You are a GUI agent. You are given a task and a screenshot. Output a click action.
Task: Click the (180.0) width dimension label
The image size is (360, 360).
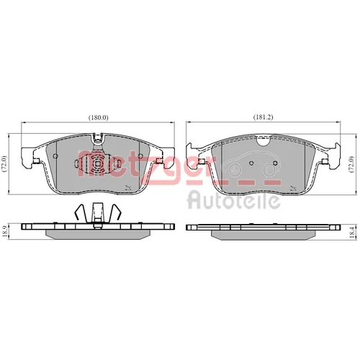click(99, 117)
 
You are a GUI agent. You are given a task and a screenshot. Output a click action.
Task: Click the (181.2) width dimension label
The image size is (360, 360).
click(264, 117)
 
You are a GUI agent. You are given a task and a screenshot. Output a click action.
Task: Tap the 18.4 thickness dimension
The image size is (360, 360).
click(352, 233)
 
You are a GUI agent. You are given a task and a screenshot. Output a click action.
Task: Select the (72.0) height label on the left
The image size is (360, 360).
click(5, 164)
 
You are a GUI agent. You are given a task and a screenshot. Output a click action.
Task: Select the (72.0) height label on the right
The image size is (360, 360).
click(351, 165)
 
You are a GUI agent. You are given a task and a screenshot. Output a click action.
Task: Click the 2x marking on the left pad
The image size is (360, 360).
click(128, 187)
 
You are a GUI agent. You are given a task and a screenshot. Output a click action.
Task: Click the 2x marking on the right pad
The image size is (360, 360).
click(293, 187)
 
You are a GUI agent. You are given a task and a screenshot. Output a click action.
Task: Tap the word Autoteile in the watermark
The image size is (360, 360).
click(233, 200)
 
